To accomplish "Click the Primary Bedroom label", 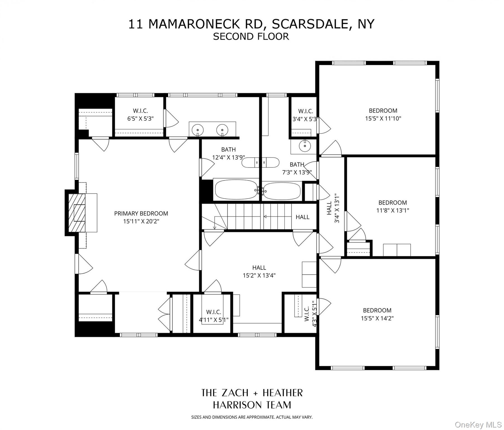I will pyautogui.click(x=141, y=213).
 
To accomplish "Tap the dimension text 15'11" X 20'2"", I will pyautogui.click(x=141, y=221).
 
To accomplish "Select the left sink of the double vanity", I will pyautogui.click(x=198, y=130).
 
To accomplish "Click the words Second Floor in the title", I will pyautogui.click(x=251, y=36).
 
